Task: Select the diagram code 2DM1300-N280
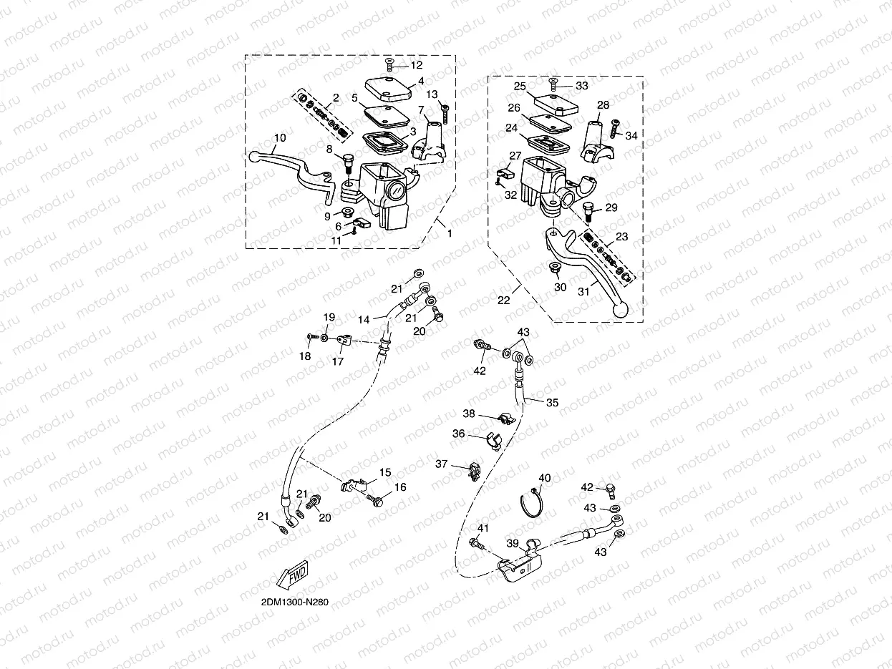(x=295, y=602)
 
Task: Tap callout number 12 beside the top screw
(x=417, y=65)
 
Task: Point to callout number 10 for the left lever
(x=280, y=137)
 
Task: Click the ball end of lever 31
(x=621, y=311)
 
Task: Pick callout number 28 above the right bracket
(x=603, y=104)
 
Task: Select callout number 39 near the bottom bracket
(x=513, y=543)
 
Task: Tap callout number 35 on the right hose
(x=552, y=402)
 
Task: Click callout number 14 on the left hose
(x=364, y=320)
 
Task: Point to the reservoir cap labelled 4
(x=388, y=89)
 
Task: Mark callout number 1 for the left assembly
(x=450, y=233)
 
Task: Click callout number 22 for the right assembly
(x=503, y=301)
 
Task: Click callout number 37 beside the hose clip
(x=441, y=464)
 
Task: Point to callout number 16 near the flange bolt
(x=400, y=487)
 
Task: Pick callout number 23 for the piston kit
(x=622, y=236)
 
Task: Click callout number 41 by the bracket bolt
(x=483, y=528)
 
